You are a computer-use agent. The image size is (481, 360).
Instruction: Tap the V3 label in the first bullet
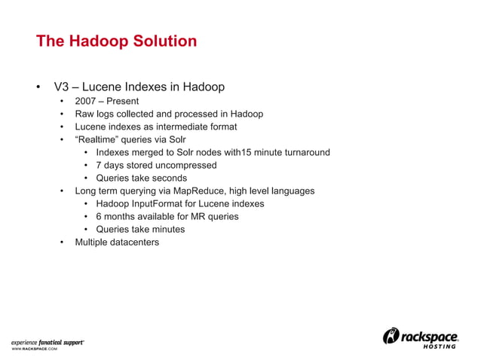click(62, 87)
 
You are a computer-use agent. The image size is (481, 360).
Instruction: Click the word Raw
click(84, 114)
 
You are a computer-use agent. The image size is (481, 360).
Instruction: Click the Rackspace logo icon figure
click(392, 336)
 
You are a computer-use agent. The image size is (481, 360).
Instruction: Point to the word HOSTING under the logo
click(438, 346)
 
